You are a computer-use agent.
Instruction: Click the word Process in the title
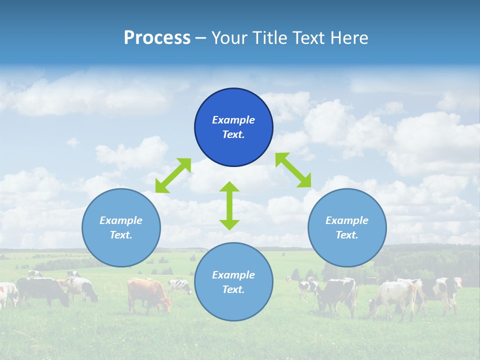tap(157, 38)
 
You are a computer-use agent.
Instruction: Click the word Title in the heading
tap(270, 38)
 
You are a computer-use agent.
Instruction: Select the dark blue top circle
tap(233, 127)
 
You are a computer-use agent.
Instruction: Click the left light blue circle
tap(121, 227)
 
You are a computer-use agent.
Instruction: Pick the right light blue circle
tap(347, 227)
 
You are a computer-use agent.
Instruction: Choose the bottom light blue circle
tap(233, 281)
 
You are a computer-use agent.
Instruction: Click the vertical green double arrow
tap(229, 205)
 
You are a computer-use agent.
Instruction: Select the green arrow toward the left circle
tap(173, 175)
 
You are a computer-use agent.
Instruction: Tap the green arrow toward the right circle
tap(293, 170)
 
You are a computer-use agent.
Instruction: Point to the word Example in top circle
tap(233, 120)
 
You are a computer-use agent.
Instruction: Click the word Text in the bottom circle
tap(233, 289)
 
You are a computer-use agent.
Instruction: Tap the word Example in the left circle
tap(121, 220)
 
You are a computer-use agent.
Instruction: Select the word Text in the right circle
tap(346, 235)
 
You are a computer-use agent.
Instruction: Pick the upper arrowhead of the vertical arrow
tap(229, 187)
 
